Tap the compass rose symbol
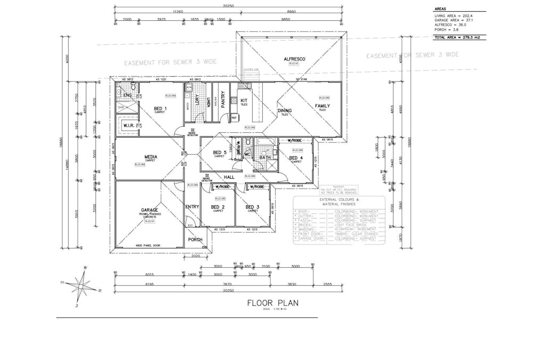[80, 286]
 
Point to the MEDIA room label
[150, 157]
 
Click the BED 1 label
[160, 108]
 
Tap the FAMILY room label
[322, 106]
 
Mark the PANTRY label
[223, 100]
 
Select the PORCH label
[195, 239]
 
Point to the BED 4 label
[296, 158]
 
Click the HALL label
[229, 177]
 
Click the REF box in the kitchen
[234, 117]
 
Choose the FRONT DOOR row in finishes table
[338, 234]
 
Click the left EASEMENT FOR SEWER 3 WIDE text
[170, 62]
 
